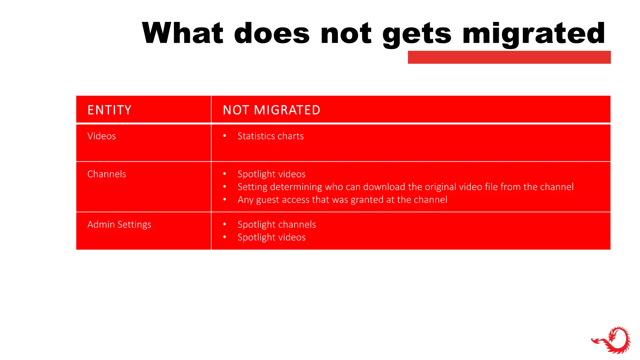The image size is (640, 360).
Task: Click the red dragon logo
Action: pos(611,340)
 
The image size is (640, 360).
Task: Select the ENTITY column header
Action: pos(109,110)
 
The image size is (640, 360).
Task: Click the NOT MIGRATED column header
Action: pos(272,110)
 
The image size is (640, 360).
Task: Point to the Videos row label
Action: pos(102,136)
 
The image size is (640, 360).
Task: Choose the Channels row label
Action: pos(107,174)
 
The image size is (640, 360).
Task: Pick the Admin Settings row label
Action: pos(119,224)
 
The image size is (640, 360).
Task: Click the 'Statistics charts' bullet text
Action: pos(271,136)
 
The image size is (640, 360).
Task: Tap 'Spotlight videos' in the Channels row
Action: pos(272,174)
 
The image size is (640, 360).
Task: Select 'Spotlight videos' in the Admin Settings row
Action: pos(272,237)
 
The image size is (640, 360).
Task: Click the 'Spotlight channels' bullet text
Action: pos(277,224)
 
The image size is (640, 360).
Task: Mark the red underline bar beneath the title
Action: pos(509,57)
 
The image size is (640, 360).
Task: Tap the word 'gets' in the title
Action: pos(417,34)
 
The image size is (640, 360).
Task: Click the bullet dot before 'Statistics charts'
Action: pos(224,136)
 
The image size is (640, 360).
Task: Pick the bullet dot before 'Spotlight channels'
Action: pos(224,224)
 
